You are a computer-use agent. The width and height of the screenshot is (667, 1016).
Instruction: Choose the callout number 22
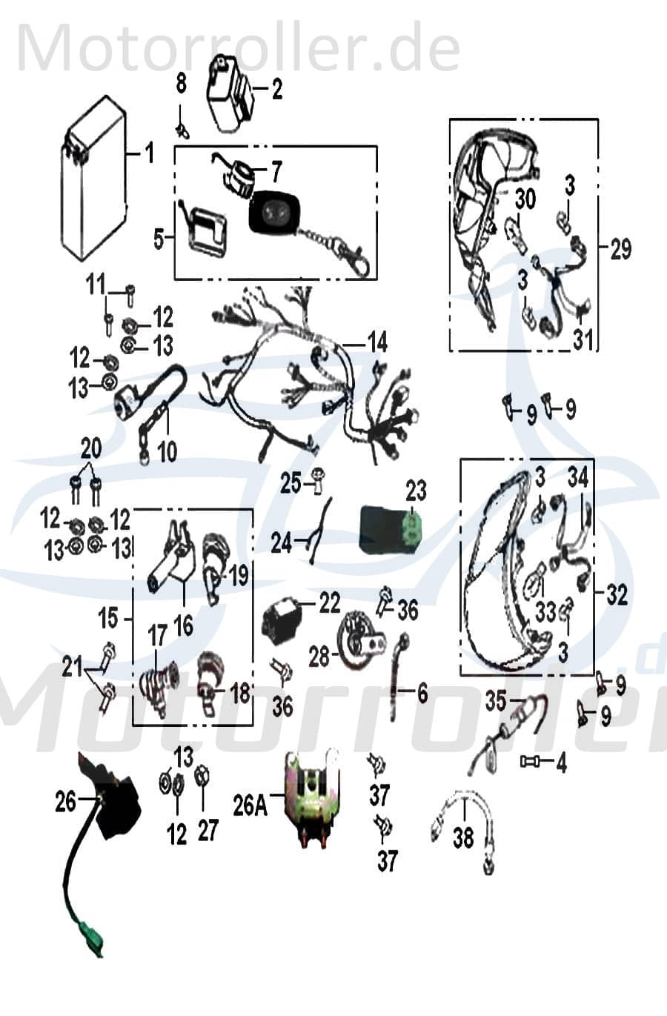(x=329, y=602)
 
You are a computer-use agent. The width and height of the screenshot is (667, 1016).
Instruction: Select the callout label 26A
(x=250, y=806)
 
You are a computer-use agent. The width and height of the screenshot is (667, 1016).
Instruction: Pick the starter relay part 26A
(x=309, y=798)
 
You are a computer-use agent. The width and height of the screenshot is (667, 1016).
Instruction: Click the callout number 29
(x=620, y=249)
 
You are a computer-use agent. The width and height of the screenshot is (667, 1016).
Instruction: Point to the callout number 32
(x=617, y=594)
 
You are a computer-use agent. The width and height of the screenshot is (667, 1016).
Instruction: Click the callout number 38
(x=463, y=837)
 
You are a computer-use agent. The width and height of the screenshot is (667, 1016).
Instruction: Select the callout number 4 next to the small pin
(x=561, y=763)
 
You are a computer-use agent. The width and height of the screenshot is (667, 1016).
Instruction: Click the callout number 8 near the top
(x=182, y=84)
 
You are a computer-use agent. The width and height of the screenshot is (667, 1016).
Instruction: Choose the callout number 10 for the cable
(x=167, y=451)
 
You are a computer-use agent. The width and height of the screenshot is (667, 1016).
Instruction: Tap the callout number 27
(x=208, y=830)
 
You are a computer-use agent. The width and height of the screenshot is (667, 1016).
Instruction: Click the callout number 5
(x=159, y=239)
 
